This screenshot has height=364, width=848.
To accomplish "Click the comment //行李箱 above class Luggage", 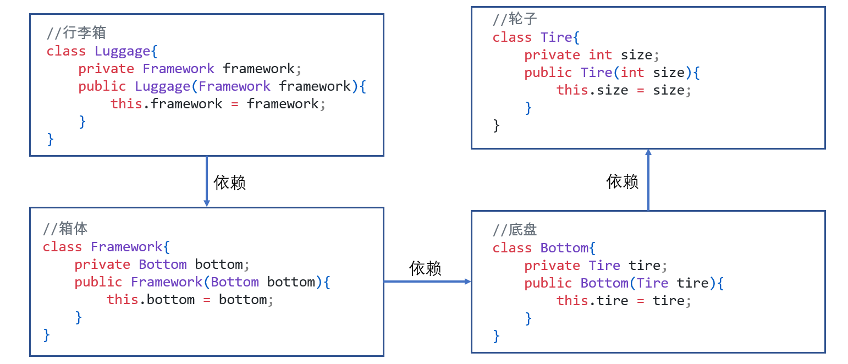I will (76, 33).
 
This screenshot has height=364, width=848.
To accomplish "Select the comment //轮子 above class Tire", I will (514, 19).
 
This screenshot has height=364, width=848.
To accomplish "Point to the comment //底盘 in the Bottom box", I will (514, 230).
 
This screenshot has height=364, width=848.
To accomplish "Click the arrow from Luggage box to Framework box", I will (207, 181).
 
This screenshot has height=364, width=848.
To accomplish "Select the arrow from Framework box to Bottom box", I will (427, 282).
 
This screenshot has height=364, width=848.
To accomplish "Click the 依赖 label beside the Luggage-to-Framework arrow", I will (230, 183).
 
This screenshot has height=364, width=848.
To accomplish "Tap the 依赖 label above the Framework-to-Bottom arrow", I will (425, 268).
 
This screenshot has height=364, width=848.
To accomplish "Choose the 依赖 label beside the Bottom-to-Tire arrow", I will (622, 181).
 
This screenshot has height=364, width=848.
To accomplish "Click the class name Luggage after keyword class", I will (123, 51).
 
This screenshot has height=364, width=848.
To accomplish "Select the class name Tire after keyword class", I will (557, 37).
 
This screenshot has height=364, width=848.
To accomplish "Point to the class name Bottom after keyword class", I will (564, 248).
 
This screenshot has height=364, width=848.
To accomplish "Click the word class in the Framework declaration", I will (62, 247).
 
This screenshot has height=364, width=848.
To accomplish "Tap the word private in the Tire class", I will (552, 55).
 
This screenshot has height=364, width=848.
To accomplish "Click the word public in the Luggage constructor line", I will (102, 86).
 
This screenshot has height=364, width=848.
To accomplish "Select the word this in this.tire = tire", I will (572, 301).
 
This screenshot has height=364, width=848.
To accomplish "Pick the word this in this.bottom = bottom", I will (122, 300).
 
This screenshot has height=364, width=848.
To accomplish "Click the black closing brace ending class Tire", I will (496, 126).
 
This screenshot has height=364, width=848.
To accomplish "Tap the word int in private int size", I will (600, 55).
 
